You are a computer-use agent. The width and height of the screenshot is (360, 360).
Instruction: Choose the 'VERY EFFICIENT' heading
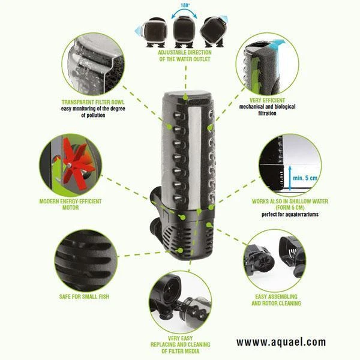(x=267, y=100)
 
